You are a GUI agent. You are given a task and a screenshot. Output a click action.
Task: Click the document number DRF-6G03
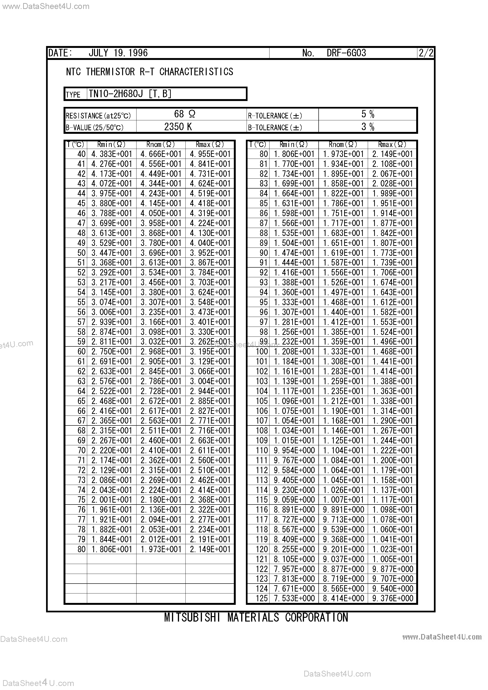(346, 53)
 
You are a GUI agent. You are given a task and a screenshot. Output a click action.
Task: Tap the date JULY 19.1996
(118, 53)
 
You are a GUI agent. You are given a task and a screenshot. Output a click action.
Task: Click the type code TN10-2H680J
(116, 94)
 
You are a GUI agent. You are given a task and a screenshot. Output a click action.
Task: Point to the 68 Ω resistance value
(185, 114)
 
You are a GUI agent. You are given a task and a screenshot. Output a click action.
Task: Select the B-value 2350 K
(178, 127)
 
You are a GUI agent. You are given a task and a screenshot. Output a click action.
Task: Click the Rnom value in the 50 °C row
(161, 253)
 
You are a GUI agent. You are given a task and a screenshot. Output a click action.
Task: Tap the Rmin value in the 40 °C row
(112, 154)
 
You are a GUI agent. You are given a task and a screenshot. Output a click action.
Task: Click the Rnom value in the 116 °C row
(343, 510)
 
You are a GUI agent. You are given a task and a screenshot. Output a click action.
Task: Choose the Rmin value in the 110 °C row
(294, 450)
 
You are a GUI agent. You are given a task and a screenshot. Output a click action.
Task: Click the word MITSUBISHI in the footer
(192, 617)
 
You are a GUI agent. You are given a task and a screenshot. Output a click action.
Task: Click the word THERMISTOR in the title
(110, 72)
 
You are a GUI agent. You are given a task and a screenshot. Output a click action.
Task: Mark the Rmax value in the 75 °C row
(210, 500)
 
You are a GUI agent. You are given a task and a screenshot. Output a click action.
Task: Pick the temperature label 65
(81, 401)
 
